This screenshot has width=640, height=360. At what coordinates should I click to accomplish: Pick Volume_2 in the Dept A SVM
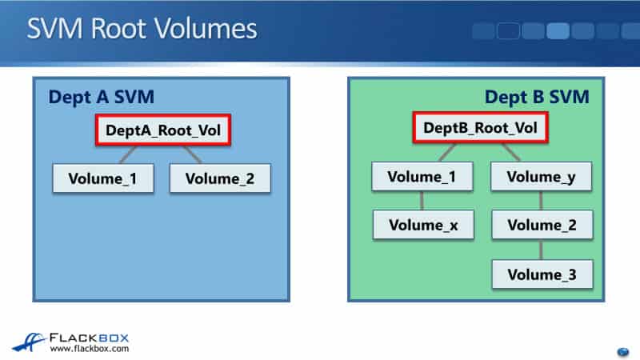[x=220, y=178]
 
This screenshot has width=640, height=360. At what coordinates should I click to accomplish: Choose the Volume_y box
[x=542, y=177]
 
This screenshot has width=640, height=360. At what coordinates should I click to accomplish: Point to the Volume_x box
[x=423, y=225]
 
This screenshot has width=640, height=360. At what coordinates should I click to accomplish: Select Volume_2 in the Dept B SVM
[x=542, y=225]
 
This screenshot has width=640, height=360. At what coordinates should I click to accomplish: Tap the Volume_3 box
[x=542, y=274]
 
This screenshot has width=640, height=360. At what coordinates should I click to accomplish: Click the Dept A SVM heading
[x=101, y=98]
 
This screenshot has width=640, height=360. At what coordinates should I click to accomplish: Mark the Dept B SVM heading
[x=537, y=98]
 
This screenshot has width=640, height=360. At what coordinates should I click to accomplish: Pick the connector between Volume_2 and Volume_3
[x=542, y=250]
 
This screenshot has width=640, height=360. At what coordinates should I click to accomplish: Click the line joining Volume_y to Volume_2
[x=542, y=201]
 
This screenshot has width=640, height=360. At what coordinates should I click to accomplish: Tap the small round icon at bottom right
[x=623, y=351]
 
